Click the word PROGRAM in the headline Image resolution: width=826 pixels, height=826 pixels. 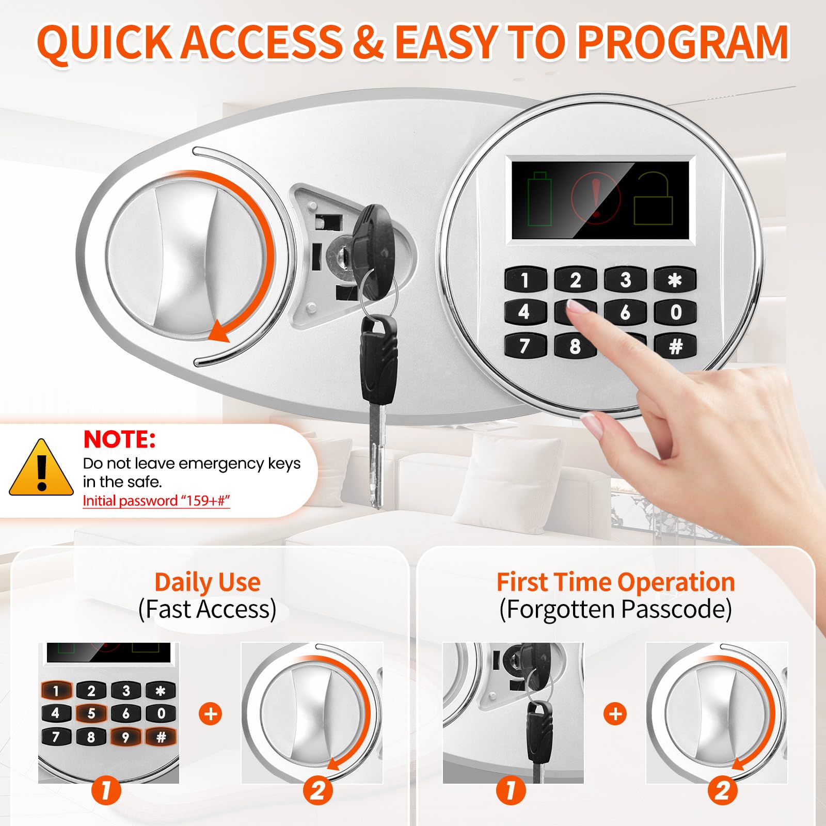point(682,42)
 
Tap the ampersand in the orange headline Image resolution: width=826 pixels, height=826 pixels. point(368,42)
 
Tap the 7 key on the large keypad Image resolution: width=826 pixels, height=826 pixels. point(525,345)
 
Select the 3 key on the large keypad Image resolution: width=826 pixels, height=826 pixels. point(625,279)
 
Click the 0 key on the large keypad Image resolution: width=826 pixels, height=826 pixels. point(675,312)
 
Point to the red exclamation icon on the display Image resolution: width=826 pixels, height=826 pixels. point(596,198)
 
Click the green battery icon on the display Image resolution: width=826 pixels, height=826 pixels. point(539,199)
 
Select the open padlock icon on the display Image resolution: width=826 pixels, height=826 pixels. point(653,199)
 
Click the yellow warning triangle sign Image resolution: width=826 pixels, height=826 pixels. point(41,468)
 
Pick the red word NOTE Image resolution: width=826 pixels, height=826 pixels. point(119,439)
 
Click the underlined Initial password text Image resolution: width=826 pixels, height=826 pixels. point(156,501)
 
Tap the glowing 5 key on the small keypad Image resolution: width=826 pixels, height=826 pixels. point(91,713)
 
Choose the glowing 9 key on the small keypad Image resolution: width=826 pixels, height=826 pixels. point(125,737)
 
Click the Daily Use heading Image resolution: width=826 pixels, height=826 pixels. point(208,582)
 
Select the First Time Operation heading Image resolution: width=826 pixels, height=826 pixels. point(615,582)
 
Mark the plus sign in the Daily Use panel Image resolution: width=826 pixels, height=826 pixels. point(211,714)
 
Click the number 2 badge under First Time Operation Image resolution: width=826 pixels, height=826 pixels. point(723,790)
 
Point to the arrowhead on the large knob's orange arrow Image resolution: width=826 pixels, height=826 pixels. point(219,330)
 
